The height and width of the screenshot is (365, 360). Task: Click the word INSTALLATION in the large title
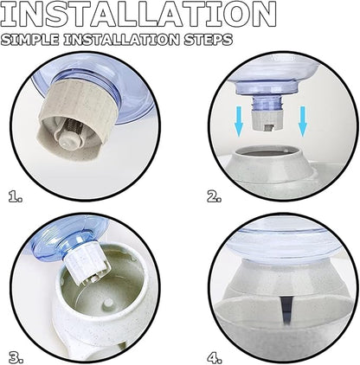pos(138,14)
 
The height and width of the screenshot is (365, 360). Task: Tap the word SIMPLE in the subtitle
pos(30,40)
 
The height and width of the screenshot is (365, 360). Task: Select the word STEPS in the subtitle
pos(209,40)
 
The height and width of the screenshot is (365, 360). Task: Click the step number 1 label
pos(16,196)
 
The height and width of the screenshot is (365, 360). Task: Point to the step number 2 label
pos(215,196)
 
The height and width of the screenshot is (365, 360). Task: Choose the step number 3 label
pos(16,358)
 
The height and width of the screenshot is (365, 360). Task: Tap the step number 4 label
pos(215,358)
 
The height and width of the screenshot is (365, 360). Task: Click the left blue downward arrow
pos(239,121)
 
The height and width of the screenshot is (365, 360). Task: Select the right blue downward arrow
pos(303,121)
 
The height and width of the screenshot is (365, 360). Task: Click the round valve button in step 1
pos(68,140)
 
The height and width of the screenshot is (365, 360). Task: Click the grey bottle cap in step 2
pos(265,120)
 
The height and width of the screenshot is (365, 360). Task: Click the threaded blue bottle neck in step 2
pos(265,103)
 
